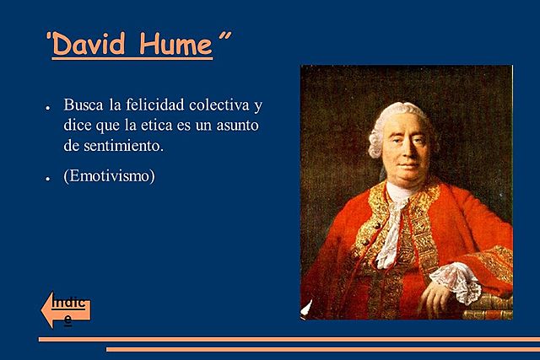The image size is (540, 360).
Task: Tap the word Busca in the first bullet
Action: (82, 107)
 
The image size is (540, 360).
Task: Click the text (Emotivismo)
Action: (109, 177)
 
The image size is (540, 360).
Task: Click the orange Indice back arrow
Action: (66, 310)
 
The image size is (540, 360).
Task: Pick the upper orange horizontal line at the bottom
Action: (287, 339)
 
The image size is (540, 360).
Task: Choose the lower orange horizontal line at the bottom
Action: (321, 347)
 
